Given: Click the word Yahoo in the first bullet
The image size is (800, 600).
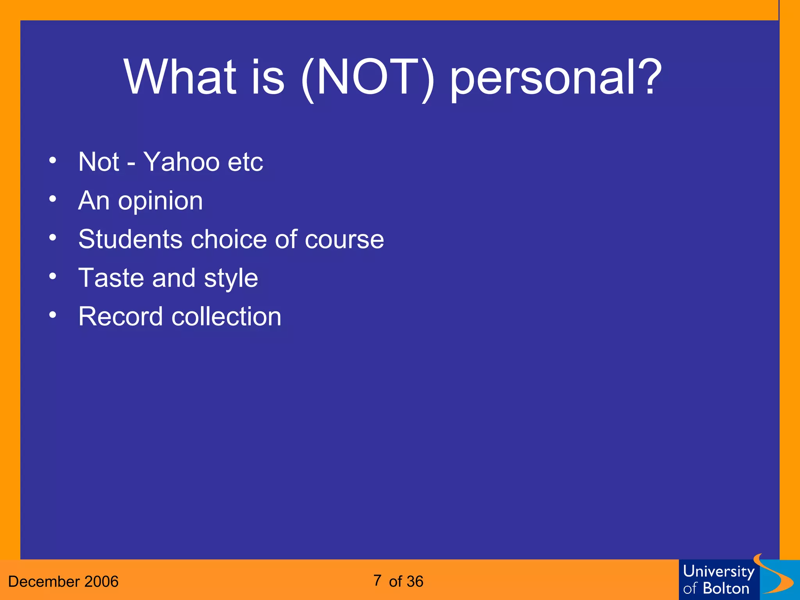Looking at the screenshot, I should [181, 162].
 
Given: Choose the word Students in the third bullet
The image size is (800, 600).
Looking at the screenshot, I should [130, 239].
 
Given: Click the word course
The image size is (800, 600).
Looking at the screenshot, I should [344, 239].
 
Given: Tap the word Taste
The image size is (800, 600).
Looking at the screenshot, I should [111, 278].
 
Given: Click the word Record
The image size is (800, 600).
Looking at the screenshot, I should [120, 316].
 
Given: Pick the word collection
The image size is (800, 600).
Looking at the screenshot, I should [226, 316].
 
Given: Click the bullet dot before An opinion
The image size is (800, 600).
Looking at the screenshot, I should [53, 199].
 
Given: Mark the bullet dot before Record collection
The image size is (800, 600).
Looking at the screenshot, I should [53, 315].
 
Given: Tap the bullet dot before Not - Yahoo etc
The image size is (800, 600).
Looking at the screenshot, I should [53, 160].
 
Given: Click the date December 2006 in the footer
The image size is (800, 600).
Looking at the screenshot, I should [63, 582].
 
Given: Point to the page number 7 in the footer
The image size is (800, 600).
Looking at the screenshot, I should [377, 580].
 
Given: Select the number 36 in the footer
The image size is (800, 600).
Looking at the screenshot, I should [415, 582].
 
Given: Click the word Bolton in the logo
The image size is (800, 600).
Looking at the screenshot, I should [726, 589].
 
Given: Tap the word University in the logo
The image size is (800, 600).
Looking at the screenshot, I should [718, 571].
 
